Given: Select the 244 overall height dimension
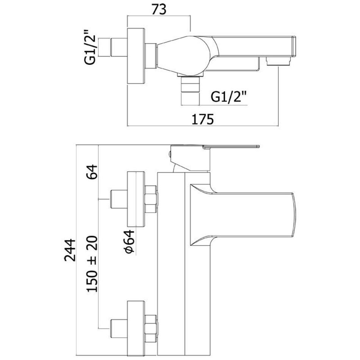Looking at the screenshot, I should [69, 250].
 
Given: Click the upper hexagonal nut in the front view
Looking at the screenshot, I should [150, 199].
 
